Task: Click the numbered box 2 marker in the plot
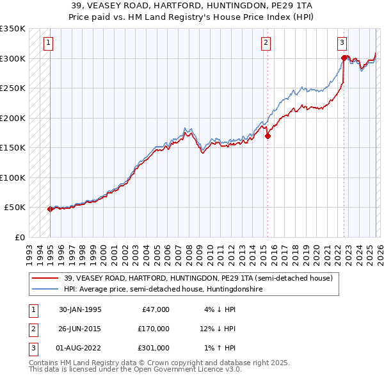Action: [266, 43]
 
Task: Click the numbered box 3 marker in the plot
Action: [342, 43]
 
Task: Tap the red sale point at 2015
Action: [268, 136]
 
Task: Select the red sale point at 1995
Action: [50, 209]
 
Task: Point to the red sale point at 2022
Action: [344, 58]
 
